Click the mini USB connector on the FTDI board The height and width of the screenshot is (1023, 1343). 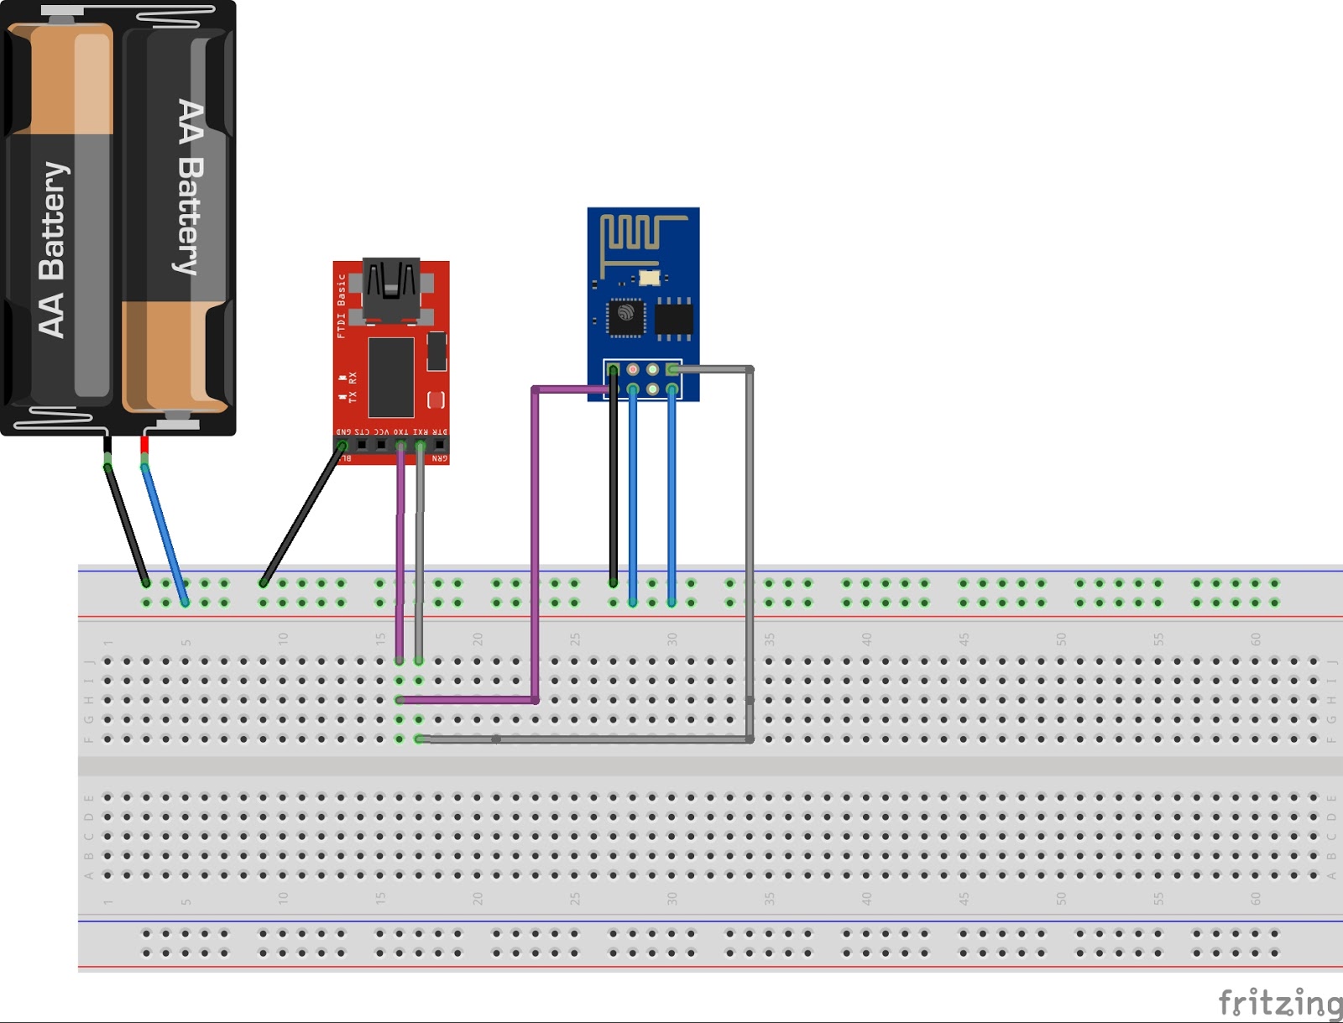point(390,290)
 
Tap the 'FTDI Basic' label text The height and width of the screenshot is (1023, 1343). point(342,306)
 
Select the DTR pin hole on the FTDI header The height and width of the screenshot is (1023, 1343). point(440,445)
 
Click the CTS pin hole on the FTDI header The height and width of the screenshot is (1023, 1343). point(362,445)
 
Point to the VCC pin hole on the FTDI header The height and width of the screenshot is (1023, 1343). point(381,445)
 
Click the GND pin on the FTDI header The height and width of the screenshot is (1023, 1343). point(342,445)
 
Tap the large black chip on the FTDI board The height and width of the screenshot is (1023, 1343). point(391,377)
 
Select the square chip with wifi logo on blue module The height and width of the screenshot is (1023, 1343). point(626,316)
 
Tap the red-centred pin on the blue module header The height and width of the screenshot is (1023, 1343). point(633,369)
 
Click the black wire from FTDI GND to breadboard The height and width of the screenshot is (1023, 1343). point(302,514)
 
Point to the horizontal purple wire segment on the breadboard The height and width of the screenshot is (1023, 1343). point(467,699)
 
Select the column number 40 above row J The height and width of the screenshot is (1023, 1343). point(866,639)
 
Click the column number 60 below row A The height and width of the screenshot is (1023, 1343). point(1256,898)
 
